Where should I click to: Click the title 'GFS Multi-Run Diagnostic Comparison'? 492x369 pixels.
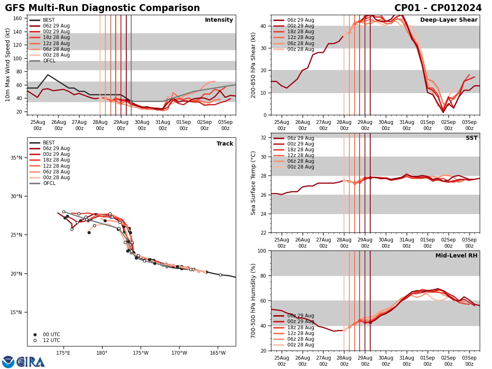(102, 8)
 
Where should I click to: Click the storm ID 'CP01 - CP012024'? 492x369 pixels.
(438, 8)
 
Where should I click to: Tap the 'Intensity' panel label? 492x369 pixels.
(219, 20)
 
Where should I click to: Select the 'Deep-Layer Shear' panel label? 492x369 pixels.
(449, 20)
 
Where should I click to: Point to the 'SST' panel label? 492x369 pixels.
(471, 138)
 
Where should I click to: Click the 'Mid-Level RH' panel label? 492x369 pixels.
(456, 256)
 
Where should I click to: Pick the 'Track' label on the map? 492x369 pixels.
(225, 144)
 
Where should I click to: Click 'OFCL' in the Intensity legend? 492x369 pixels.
(49, 61)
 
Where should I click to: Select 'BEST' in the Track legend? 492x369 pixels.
(49, 143)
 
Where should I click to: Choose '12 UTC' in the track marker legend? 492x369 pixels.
(52, 340)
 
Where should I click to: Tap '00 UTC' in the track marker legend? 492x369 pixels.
(52, 335)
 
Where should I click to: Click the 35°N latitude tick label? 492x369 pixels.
(16, 158)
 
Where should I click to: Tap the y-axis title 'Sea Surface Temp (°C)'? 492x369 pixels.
(253, 183)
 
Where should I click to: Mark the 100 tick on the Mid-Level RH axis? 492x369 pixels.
(262, 251)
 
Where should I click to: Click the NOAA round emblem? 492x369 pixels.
(8, 362)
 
